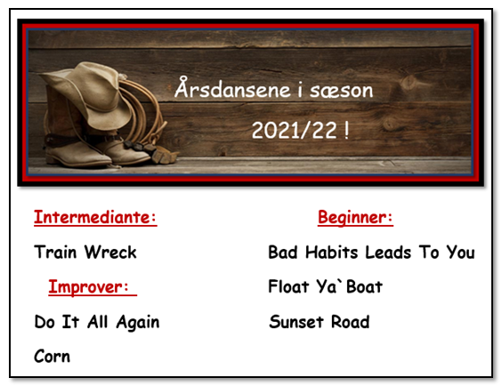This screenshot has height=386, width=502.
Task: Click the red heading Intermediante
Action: tap(95, 218)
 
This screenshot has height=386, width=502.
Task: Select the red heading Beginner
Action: tap(355, 219)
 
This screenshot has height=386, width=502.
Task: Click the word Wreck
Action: tap(110, 252)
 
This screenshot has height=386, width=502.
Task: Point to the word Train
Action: tap(55, 252)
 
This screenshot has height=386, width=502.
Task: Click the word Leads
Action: tap(388, 252)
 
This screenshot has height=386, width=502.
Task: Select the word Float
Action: tap(288, 286)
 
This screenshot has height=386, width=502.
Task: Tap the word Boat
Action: tap(364, 286)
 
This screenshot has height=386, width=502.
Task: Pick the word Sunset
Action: tap(296, 321)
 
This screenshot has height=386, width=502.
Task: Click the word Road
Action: tap(351, 321)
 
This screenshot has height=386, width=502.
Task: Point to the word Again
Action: tap(138, 322)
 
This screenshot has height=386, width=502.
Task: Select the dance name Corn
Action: tap(52, 357)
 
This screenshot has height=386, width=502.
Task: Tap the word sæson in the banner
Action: tap(341, 91)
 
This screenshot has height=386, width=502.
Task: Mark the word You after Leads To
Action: tap(461, 252)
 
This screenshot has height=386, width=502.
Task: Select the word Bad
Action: tap(283, 252)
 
